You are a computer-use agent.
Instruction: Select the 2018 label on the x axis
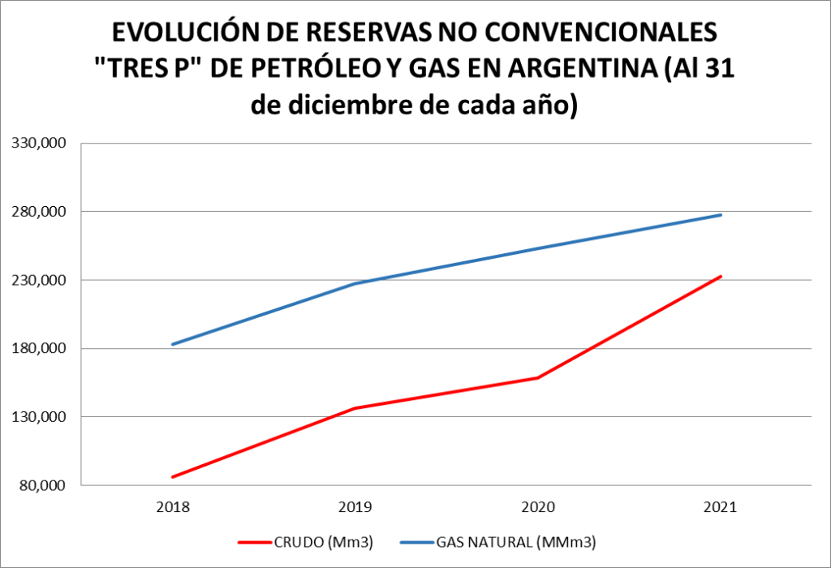click(x=173, y=507)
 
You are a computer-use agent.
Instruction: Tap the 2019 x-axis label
click(x=355, y=507)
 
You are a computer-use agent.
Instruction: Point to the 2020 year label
click(x=538, y=507)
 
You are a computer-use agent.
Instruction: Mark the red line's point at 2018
click(x=173, y=477)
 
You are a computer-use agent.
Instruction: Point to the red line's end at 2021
click(x=721, y=277)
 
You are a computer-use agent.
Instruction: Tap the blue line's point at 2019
click(x=355, y=283)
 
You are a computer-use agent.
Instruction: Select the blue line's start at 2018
click(x=173, y=344)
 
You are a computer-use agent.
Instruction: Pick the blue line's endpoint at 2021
click(x=721, y=215)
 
